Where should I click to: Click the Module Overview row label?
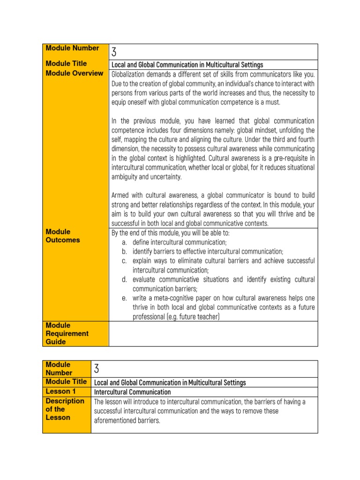[x=74, y=73]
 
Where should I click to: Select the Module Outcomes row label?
[x=63, y=236]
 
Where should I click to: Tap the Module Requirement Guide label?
[x=67, y=333]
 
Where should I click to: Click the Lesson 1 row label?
[x=60, y=391]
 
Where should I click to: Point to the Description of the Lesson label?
[x=65, y=409]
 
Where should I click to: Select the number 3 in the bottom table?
[x=97, y=368]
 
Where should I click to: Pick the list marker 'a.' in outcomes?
[x=124, y=242]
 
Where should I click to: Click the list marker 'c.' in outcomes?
[x=124, y=261]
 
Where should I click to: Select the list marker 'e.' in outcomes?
[x=124, y=298]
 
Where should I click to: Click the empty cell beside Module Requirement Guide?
[x=213, y=333]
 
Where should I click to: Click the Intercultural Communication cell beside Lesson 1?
[x=133, y=392]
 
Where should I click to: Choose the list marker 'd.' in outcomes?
[x=124, y=280]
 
